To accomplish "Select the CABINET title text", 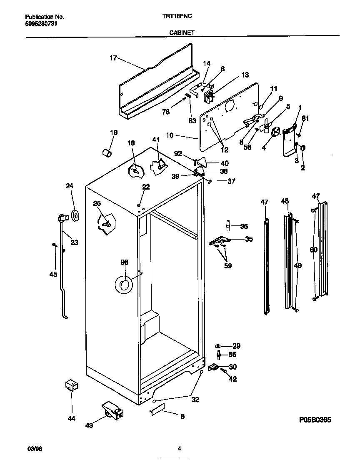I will coord(181,32).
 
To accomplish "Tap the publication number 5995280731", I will coord(41,24).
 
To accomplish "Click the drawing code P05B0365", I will coord(315,420).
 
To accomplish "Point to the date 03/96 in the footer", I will coord(35,449).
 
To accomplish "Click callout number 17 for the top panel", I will coord(113,58).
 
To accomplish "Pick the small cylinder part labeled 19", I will coord(107,152).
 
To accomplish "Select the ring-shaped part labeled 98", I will coord(123,285).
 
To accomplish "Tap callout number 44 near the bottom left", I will coord(72,419).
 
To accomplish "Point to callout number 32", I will coord(195,400).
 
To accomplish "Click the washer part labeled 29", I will coord(218,346).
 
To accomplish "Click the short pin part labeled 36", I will coord(228,225).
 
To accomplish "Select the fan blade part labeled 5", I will coord(265,126).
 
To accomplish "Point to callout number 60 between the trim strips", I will coord(313,250).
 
